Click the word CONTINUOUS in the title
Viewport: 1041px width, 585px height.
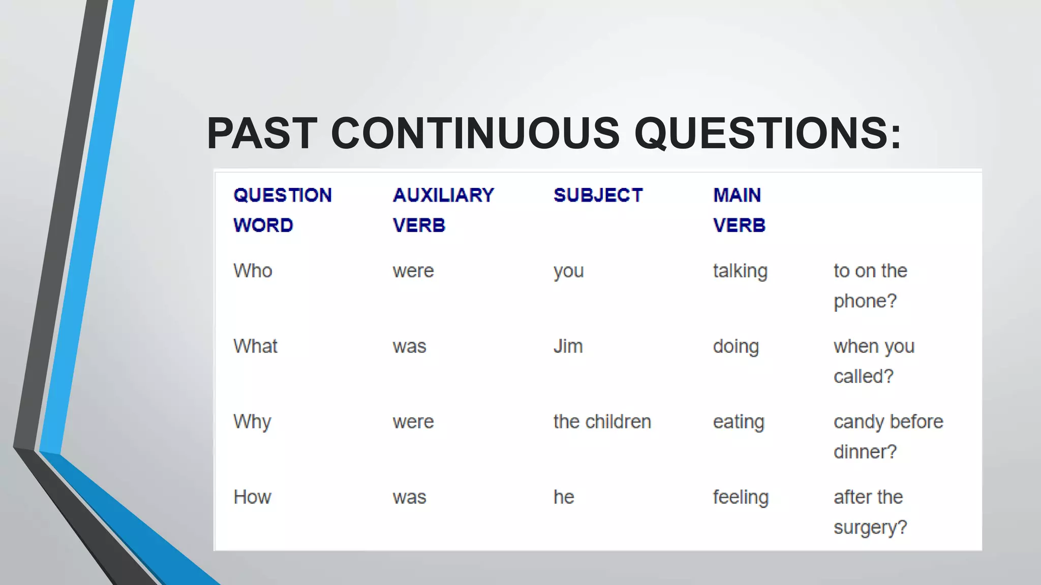[475, 133]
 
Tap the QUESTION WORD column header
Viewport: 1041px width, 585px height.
[282, 210]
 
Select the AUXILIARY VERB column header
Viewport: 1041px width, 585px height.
[443, 210]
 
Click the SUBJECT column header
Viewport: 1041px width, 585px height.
[598, 196]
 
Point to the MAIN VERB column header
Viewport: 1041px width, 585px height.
[739, 210]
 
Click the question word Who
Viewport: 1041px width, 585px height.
[253, 271]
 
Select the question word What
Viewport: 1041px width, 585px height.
[255, 346]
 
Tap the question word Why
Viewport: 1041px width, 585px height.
[252, 422]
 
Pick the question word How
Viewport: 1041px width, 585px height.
[252, 497]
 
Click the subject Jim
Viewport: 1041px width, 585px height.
[568, 346]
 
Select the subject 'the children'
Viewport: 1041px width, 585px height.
[602, 422]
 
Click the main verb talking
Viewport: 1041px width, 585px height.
[740, 271]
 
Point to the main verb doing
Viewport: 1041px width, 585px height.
[736, 347]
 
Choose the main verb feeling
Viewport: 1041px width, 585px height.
[741, 498]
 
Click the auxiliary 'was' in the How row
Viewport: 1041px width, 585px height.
[409, 498]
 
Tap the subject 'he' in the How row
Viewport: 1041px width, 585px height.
[564, 497]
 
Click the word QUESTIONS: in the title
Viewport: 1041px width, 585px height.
[768, 133]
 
